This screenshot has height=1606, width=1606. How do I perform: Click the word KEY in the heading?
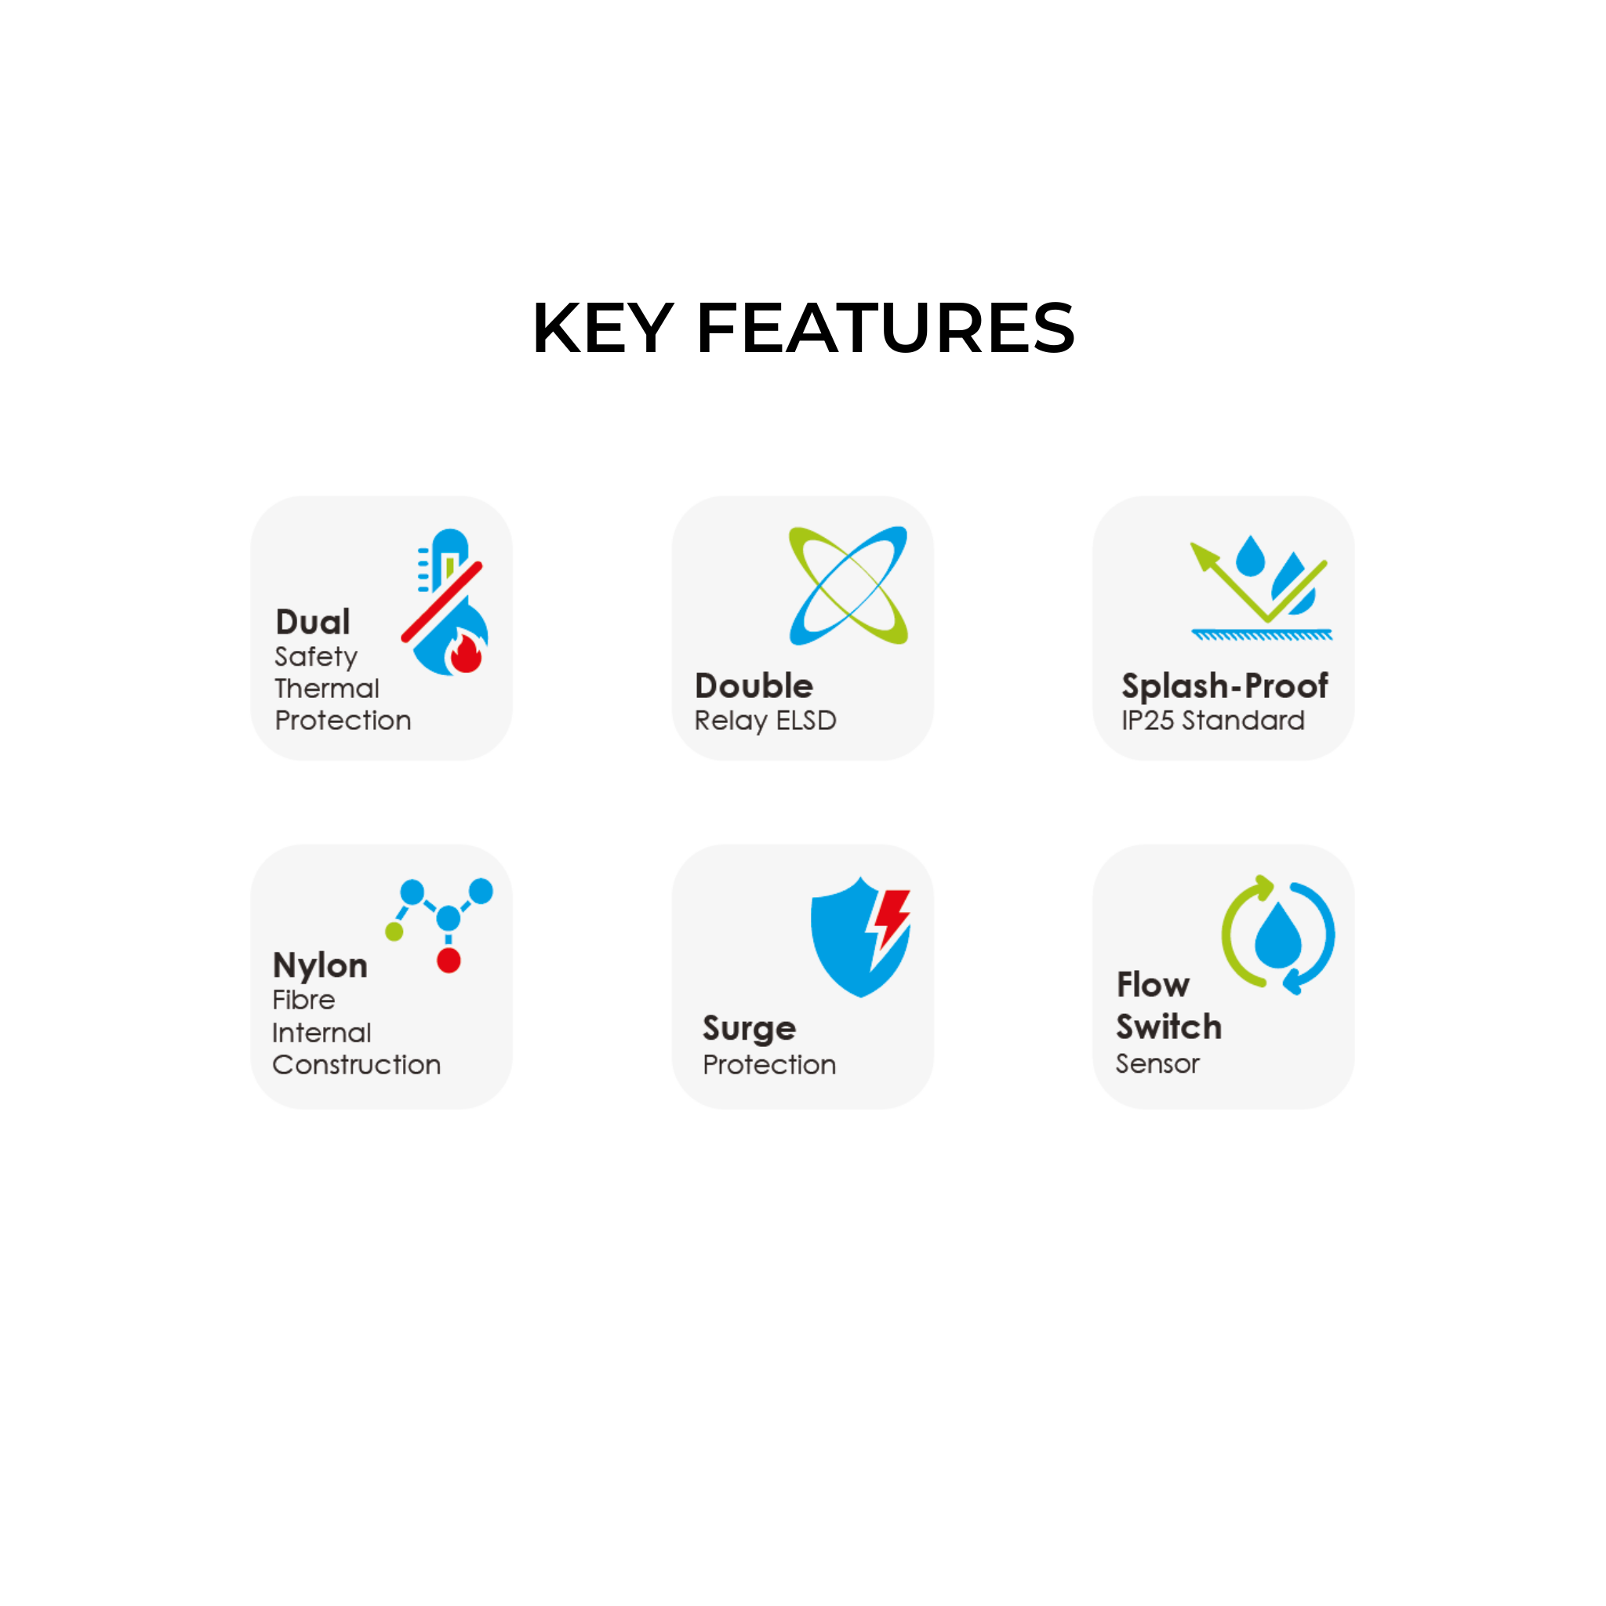[x=603, y=329]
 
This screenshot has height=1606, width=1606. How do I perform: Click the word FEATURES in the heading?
[x=886, y=329]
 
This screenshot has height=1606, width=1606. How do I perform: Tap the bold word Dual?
[x=313, y=622]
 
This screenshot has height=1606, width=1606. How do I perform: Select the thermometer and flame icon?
[x=445, y=601]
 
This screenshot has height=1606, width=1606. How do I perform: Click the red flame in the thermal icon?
[x=466, y=652]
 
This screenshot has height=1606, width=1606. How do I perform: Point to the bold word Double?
[x=754, y=686]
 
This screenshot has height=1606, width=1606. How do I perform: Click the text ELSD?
[x=805, y=720]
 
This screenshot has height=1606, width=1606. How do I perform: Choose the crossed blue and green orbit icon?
[x=848, y=585]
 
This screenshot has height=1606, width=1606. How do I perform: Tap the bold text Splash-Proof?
[x=1224, y=687]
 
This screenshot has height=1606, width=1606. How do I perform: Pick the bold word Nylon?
[x=320, y=966]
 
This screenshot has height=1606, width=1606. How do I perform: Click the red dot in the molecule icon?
[x=449, y=961]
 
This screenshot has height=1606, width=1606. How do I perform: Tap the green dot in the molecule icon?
[x=394, y=932]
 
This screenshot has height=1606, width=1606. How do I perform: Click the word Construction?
[x=357, y=1064]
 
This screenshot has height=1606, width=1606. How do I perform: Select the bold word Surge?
[x=749, y=1029]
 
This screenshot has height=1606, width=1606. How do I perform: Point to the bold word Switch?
[x=1168, y=1026]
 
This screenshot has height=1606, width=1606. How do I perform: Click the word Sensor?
[x=1157, y=1063]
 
